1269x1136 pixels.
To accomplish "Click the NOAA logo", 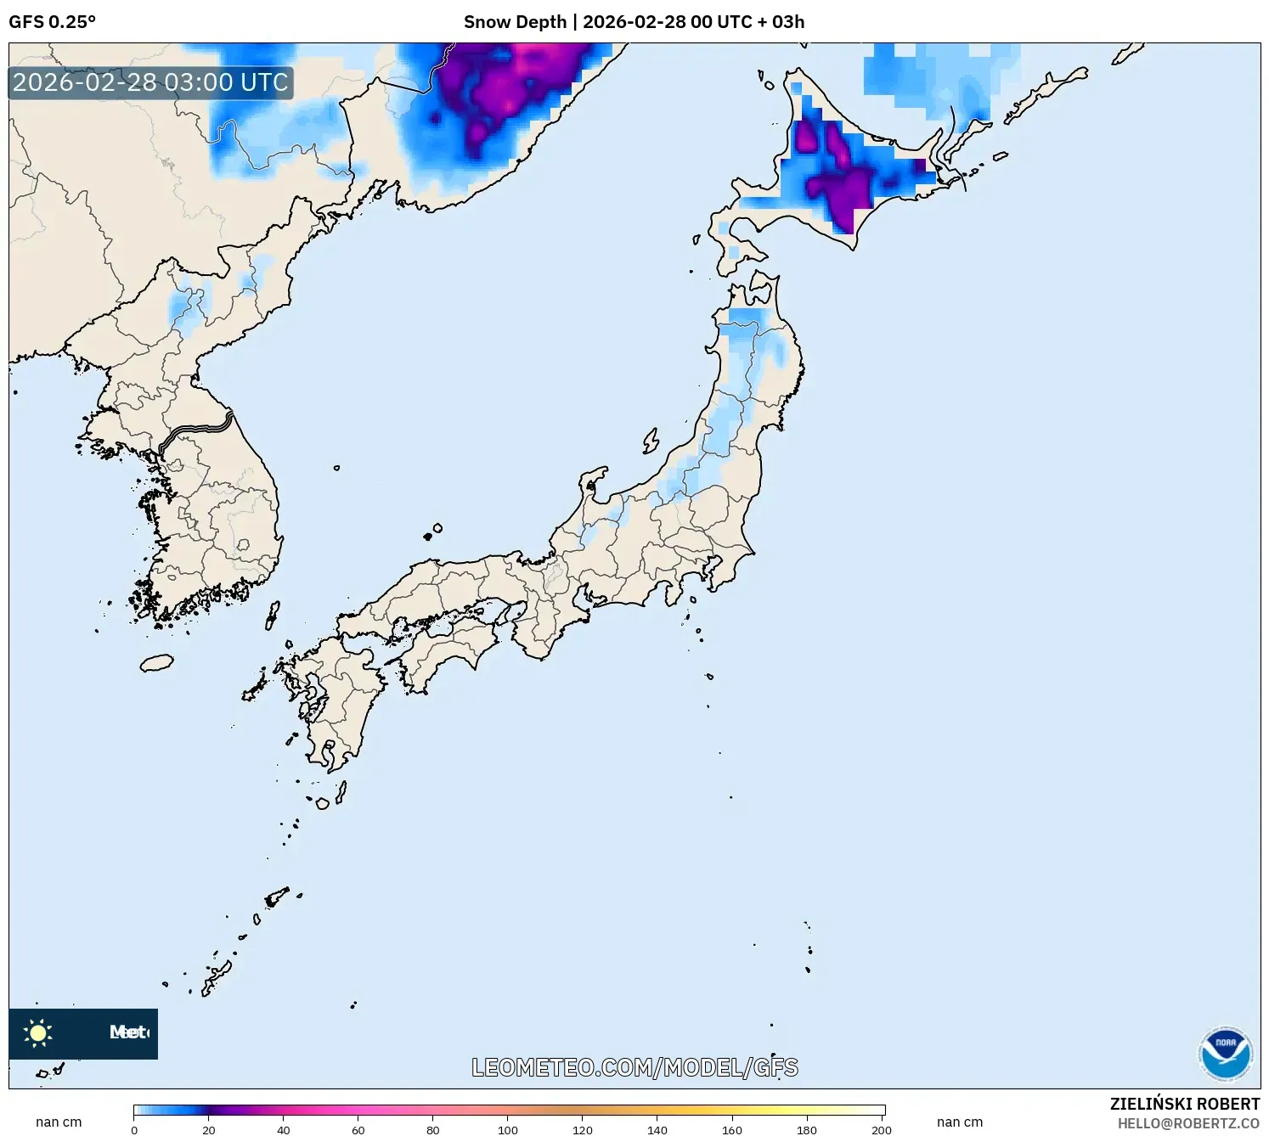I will (x=1225, y=1054).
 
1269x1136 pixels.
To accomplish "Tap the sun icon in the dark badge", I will (x=38, y=1032).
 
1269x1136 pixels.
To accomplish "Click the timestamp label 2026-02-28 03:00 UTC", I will (x=150, y=82).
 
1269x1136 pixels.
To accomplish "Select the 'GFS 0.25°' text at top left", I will (x=52, y=22).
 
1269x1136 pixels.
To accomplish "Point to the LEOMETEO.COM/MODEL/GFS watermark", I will (x=634, y=1067).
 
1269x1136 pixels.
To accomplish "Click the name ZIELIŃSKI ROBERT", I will (x=1184, y=1104).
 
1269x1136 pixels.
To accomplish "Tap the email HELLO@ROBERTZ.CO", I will (x=1188, y=1123).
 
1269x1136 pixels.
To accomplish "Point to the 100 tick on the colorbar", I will (x=508, y=1129).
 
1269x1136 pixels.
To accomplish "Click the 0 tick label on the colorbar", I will (x=134, y=1129).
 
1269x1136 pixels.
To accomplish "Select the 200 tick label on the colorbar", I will (x=882, y=1129).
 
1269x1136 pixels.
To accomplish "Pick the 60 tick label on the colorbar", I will (x=358, y=1129).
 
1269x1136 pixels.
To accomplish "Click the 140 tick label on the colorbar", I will (x=657, y=1129).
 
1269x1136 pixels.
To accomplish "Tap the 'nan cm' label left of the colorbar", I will (x=59, y=1122).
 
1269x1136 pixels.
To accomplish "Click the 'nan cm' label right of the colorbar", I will (x=960, y=1122).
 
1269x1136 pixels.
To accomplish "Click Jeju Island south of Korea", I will (x=156, y=662).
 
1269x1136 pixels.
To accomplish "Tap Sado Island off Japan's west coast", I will (x=651, y=441).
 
